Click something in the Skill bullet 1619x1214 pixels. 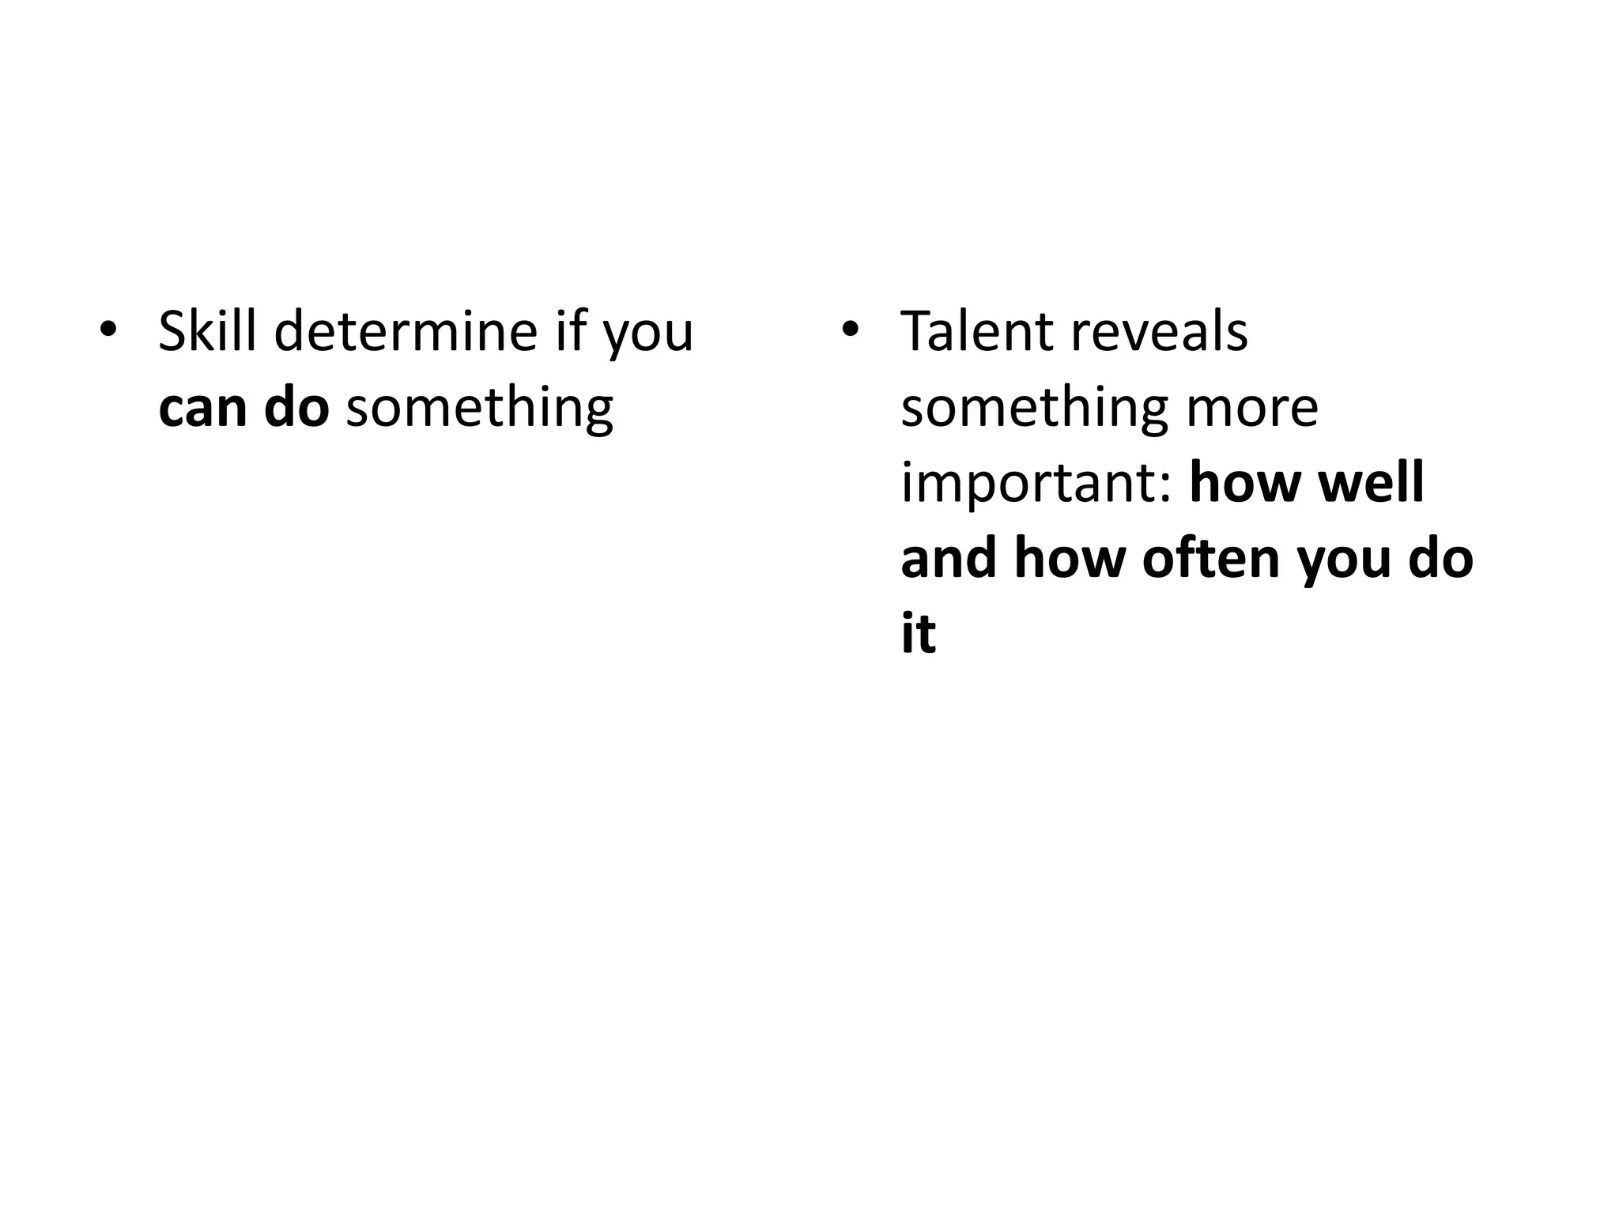pos(479,409)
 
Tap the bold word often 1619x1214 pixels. pos(1211,558)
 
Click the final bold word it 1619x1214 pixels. pos(918,633)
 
